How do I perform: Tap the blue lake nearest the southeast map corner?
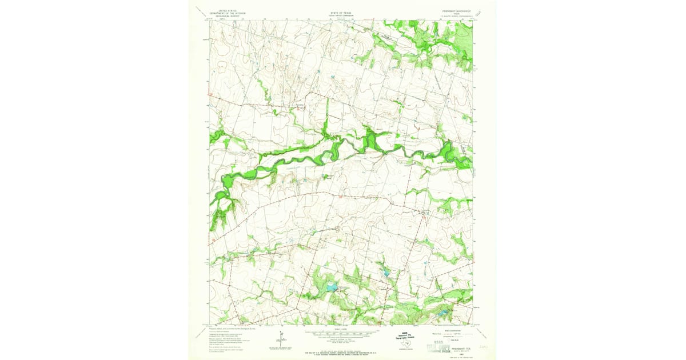coord(442,312)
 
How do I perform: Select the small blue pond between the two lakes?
coord(386,274)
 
